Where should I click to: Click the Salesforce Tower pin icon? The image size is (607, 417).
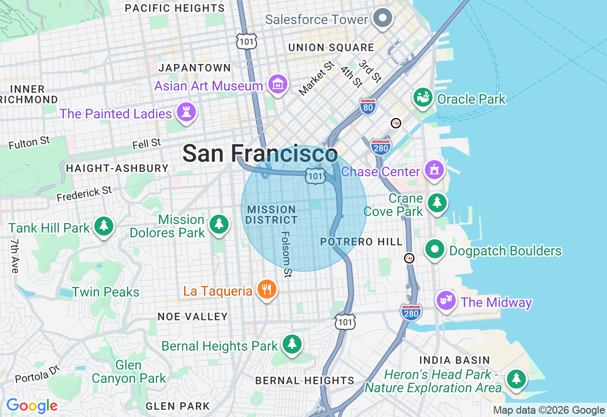pos(382,19)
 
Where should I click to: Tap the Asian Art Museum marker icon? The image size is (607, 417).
pos(278,85)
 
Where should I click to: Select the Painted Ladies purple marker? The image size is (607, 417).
pos(186,113)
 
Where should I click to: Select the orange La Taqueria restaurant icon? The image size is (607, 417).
pos(267,290)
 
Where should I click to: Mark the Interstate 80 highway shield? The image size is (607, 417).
pos(368,107)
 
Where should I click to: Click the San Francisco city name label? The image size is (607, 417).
pos(260,154)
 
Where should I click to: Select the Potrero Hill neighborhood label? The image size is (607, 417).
pos(361,242)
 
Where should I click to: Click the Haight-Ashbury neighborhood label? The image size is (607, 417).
pos(117,168)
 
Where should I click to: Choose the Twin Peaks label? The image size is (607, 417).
pos(106,291)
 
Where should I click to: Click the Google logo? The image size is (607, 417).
pos(32,406)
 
